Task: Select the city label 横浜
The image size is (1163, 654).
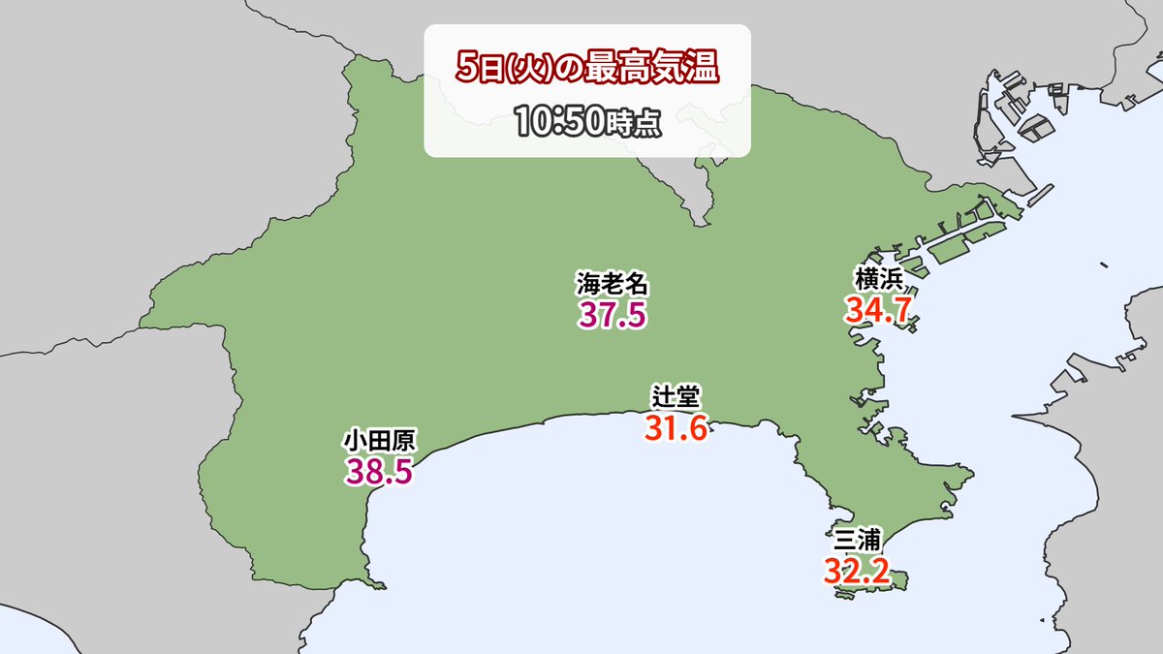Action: pyautogui.click(x=879, y=279)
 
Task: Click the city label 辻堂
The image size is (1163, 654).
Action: pyautogui.click(x=676, y=396)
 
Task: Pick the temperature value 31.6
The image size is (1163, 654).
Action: pyautogui.click(x=676, y=426)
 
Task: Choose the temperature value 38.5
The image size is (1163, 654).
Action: pyautogui.click(x=379, y=473)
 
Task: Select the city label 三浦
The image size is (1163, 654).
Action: pyautogui.click(x=857, y=539)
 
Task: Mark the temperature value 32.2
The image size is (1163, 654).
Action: pyautogui.click(x=857, y=570)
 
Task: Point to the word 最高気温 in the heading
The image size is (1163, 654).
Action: pyautogui.click(x=670, y=71)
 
